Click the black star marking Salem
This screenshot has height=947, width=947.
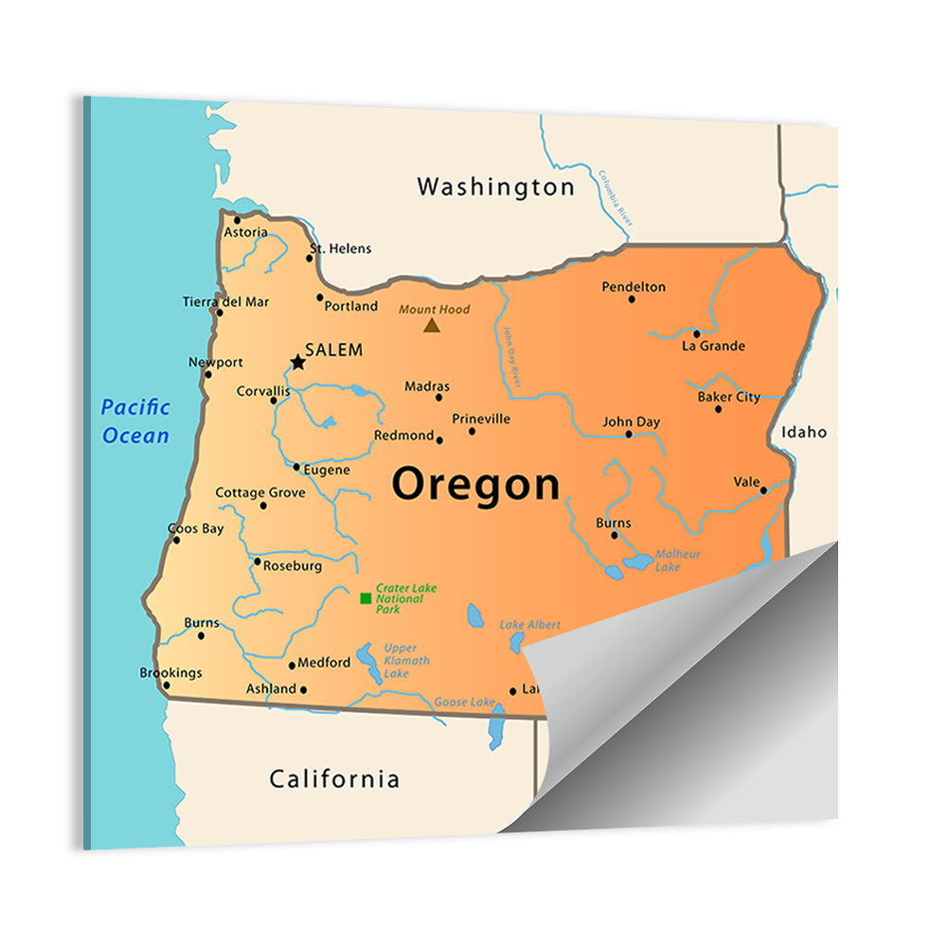pos(298,362)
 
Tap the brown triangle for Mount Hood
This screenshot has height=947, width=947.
pos(432,326)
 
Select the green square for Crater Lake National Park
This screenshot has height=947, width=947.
pos(366,599)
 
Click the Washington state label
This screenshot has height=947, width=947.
pos(495,187)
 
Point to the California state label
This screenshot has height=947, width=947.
pos(334,779)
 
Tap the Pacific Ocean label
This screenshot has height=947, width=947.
pos(136,421)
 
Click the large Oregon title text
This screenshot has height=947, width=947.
pos(475,484)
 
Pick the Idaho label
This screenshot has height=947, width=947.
pos(803,433)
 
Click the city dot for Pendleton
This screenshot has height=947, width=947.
pos(632,299)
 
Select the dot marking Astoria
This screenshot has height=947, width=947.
pos(237,220)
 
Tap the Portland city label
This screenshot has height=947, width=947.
pos(350,307)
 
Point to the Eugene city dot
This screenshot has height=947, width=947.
pos(296,466)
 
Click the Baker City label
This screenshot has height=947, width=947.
pos(728,397)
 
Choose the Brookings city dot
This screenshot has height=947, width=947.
pos(167,686)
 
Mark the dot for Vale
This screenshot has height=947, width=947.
pos(763,491)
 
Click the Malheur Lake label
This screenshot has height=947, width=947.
pos(677,560)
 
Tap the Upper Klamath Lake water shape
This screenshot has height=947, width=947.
pos(368,662)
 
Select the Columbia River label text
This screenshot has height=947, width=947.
pos(614,197)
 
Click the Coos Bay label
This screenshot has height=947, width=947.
pos(195,528)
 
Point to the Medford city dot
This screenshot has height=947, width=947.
pos(292,666)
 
